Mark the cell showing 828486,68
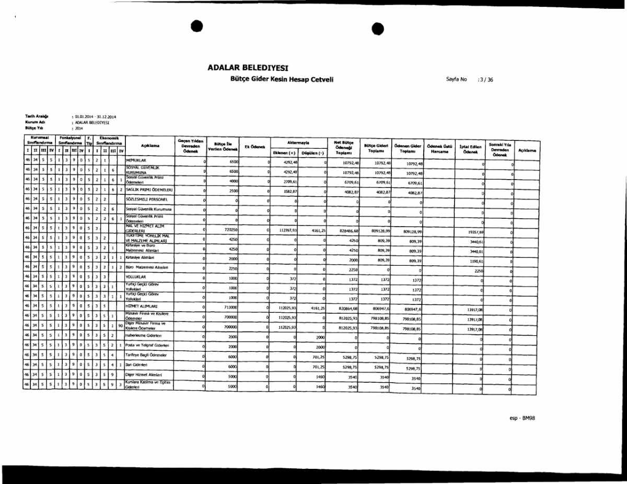pyautogui.click(x=347, y=230)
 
